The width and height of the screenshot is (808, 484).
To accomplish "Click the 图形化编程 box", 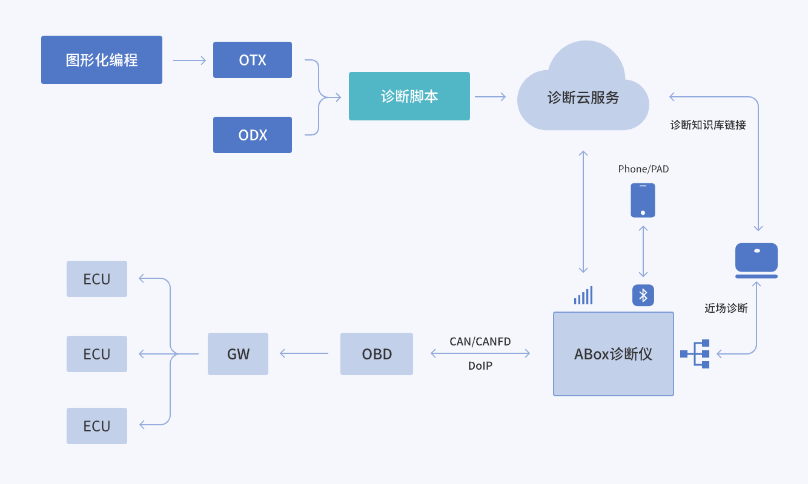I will [101, 60].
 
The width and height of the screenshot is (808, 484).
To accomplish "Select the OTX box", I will [253, 60].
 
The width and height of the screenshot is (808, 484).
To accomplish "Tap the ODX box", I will [253, 135].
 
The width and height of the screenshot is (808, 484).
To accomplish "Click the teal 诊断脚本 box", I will [409, 96].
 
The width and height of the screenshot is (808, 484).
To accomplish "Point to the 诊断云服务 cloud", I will [583, 97].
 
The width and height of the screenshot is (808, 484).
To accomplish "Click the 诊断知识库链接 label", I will [707, 125].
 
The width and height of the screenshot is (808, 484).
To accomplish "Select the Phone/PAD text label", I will [643, 169].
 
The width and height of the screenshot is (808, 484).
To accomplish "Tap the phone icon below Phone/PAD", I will [643, 200].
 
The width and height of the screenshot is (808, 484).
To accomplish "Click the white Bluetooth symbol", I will [643, 295].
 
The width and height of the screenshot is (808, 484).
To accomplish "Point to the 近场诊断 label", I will [726, 309].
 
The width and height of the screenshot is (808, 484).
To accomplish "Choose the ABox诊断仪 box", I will [613, 354].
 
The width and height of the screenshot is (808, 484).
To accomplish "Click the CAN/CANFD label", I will [480, 342].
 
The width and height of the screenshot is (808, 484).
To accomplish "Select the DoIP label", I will [480, 366].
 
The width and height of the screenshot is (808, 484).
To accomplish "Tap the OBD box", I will [377, 354].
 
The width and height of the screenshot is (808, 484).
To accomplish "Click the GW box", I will [238, 354].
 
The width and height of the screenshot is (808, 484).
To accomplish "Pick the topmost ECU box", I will [97, 279].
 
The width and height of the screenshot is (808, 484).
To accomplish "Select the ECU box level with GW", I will [97, 354].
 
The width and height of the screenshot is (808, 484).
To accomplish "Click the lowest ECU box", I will [97, 426].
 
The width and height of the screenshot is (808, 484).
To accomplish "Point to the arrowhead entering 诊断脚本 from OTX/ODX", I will [337, 97].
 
